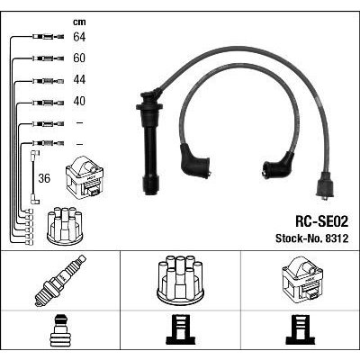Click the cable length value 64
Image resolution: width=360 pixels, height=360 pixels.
tap(79, 37)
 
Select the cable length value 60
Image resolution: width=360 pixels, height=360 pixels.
tap(79, 58)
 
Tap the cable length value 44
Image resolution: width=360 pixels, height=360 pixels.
tap(79, 79)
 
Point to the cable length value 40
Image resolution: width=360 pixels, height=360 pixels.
tap(79, 101)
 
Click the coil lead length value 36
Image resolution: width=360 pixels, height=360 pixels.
tap(44, 178)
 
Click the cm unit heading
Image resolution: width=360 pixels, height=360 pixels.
tap(79, 22)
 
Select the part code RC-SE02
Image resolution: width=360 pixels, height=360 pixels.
tap(322, 222)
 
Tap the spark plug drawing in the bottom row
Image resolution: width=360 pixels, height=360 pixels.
tap(60, 281)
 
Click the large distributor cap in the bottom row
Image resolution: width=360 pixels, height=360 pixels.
tap(180, 279)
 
